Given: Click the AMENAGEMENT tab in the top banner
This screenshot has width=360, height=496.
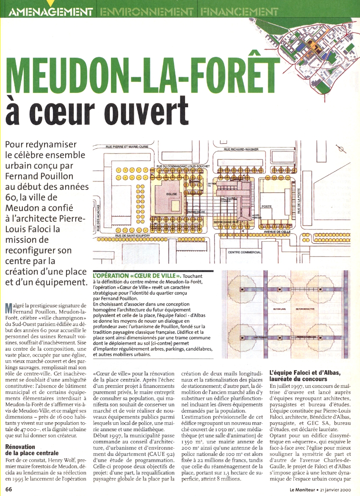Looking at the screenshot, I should pos(50,11).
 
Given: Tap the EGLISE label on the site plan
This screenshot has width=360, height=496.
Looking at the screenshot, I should pos(172,194).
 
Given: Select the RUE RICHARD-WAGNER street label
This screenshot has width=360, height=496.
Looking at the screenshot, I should pos(241,150).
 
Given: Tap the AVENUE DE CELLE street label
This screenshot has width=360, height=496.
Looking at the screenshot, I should pos(277,232).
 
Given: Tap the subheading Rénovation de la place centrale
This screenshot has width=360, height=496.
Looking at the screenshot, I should pos(32,449).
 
